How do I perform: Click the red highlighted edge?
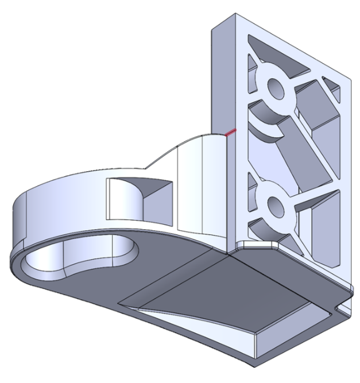230,133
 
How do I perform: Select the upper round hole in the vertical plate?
276,89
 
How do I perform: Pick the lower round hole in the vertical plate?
275,203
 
